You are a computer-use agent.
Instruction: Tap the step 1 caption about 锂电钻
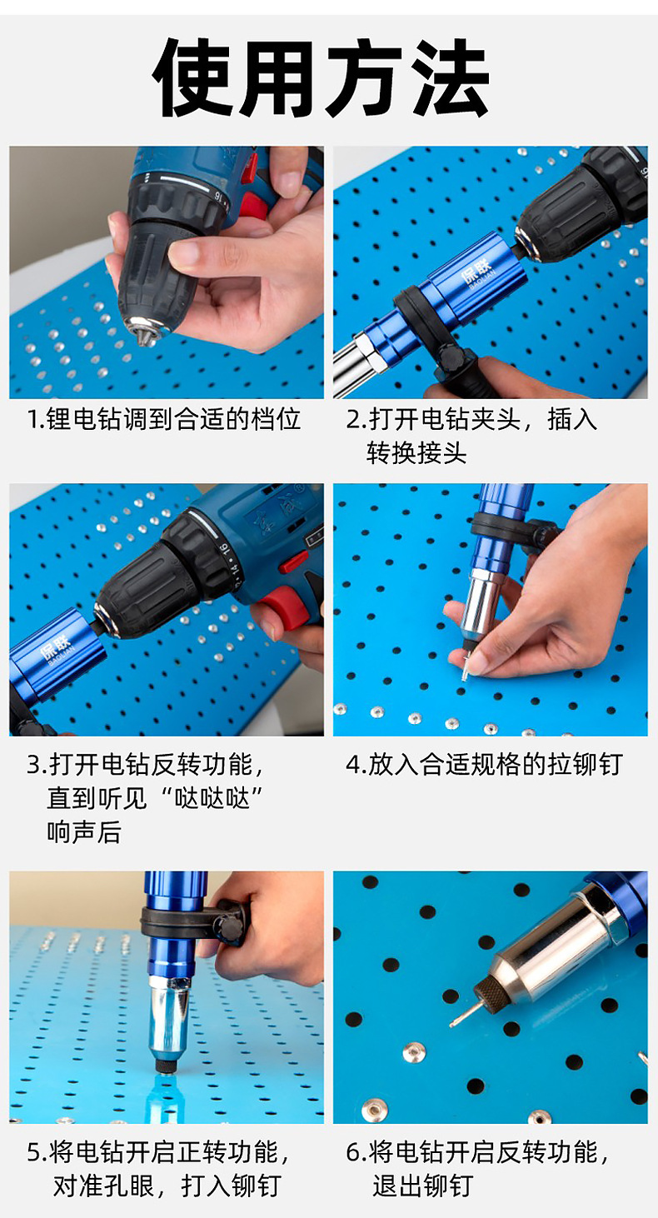163,419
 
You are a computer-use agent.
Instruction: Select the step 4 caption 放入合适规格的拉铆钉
484,764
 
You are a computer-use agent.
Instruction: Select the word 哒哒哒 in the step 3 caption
212,797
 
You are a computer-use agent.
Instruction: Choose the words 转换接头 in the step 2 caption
416,452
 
